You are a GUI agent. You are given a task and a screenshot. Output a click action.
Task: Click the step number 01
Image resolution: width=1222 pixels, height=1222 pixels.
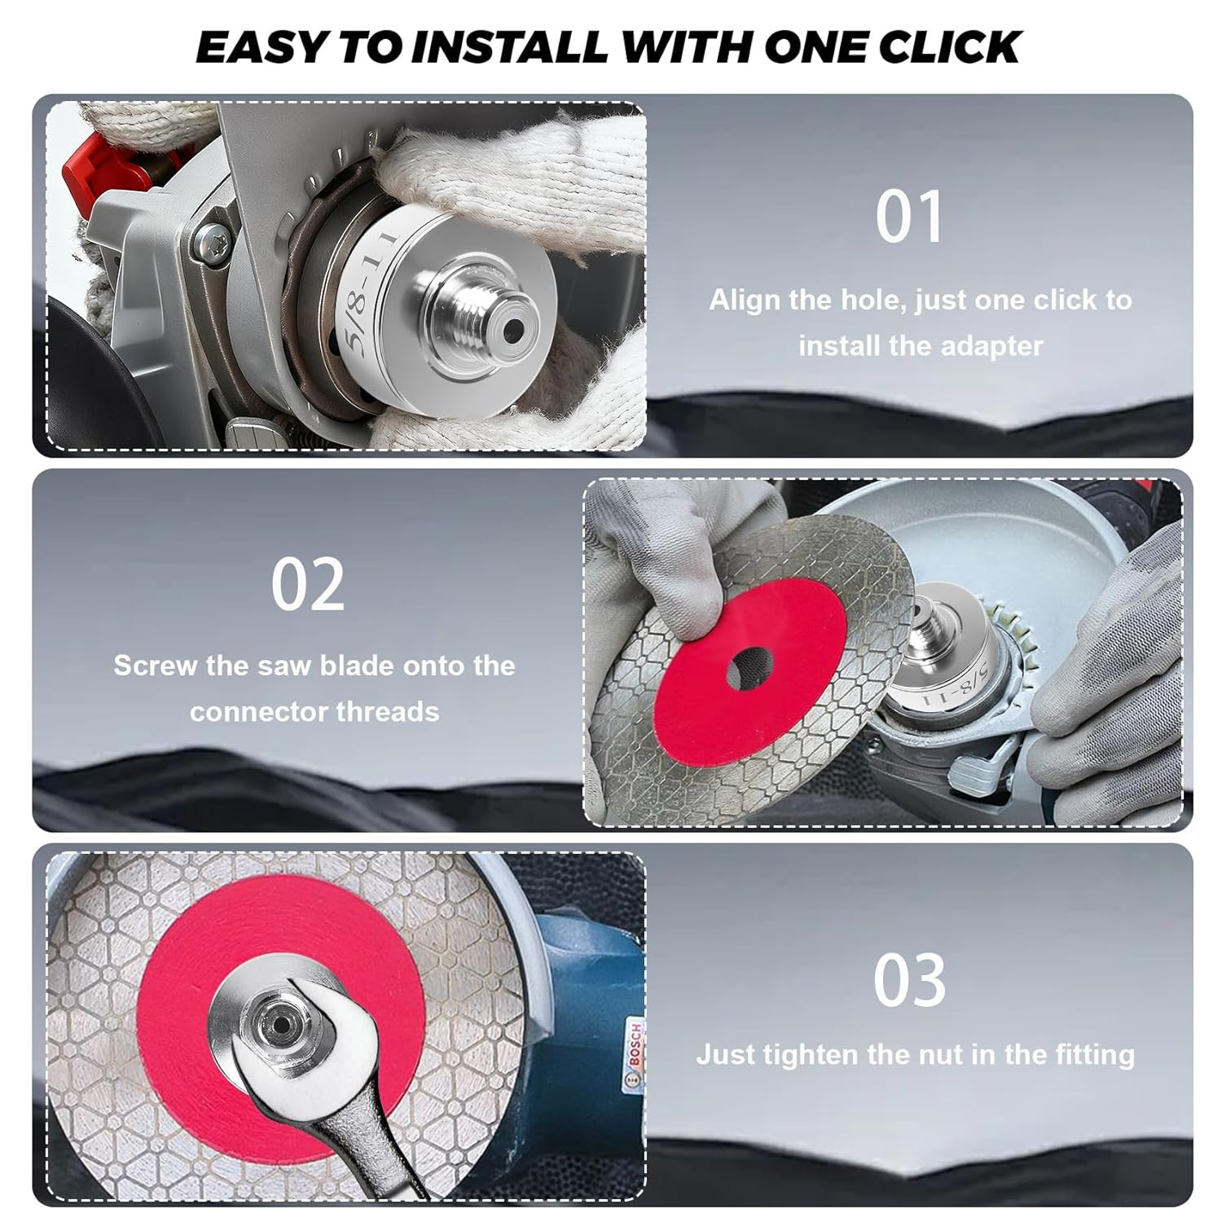(x=909, y=217)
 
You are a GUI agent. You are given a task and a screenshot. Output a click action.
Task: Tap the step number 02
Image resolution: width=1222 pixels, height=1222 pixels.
(x=308, y=585)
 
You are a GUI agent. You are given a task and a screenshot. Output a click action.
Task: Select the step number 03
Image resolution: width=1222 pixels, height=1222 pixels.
(x=909, y=980)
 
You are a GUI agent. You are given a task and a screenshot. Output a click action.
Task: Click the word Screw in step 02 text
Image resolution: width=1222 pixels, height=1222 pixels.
(x=155, y=666)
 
